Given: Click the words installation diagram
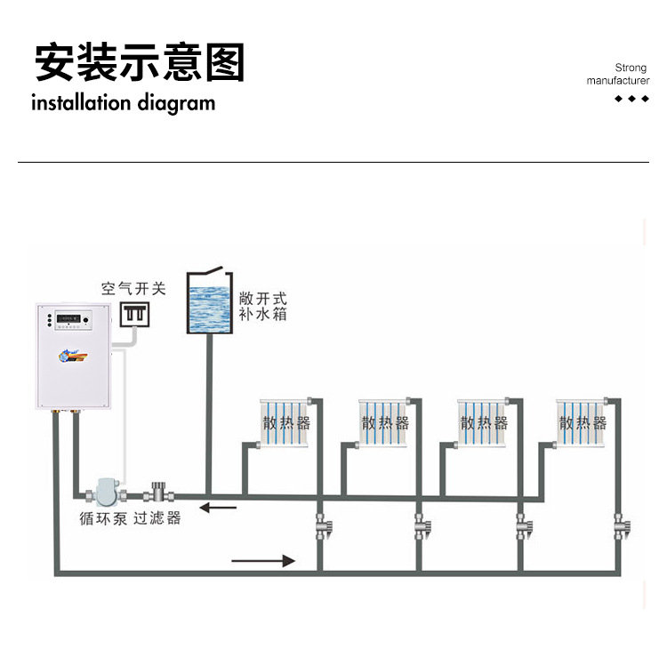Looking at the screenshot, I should pos(123,103).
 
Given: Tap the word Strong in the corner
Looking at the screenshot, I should pos(631,68).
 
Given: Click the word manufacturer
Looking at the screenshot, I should pos(618,81).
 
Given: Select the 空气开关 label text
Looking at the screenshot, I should pos(133,288).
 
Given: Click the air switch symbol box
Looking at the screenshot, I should pos(133,314).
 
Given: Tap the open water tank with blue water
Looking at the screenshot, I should pos(209,304).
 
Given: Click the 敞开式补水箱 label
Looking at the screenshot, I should pos(263,307).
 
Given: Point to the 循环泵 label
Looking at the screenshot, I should pos(103,517).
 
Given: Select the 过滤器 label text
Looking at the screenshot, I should pos(157,517).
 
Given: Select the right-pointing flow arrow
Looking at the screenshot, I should pos(263,561).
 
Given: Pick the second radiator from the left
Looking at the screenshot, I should pos(385,421).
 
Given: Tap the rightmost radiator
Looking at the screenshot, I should pos(583,421).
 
